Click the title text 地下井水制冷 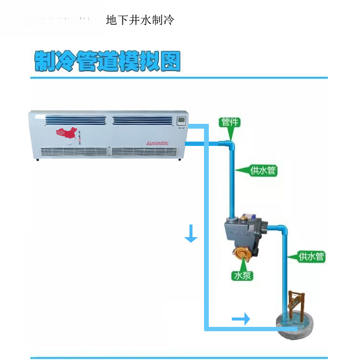tap(140, 21)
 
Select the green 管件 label tap(229, 122)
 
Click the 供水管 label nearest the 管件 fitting tap(263, 170)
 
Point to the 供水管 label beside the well tap(311, 256)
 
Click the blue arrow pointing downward tap(191, 235)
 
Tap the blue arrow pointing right tap(241, 318)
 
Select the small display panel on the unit tap(181, 121)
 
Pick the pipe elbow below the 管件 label tap(229, 144)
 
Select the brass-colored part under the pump tap(242, 255)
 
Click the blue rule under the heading tap(179, 77)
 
